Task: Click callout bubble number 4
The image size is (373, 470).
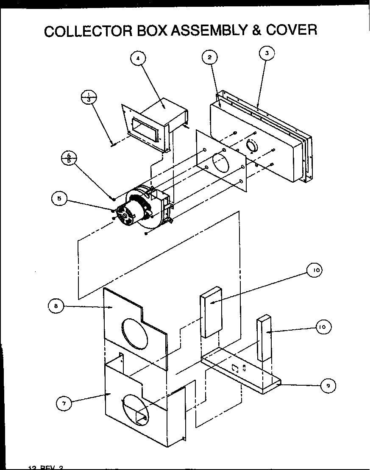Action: pyautogui.click(x=137, y=58)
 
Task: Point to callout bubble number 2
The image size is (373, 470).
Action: pyautogui.click(x=210, y=57)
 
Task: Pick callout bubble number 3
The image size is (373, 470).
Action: pyautogui.click(x=267, y=53)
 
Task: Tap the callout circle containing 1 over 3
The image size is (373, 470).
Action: pyautogui.click(x=89, y=97)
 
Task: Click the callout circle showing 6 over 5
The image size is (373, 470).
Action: pyautogui.click(x=69, y=158)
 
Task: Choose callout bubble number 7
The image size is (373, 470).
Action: pyautogui.click(x=64, y=403)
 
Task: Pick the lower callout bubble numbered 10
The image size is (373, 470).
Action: pyautogui.click(x=323, y=327)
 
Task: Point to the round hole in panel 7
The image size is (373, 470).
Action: pyautogui.click(x=136, y=409)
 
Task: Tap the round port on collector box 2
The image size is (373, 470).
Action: pyautogui.click(x=251, y=147)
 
